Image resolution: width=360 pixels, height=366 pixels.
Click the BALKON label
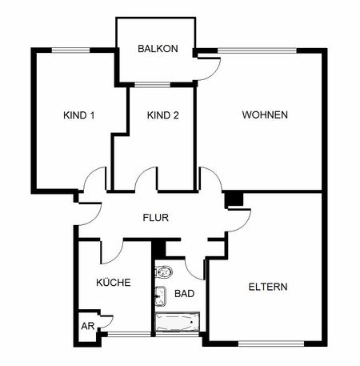click(158, 49)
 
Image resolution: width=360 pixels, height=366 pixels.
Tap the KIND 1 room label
click(79, 115)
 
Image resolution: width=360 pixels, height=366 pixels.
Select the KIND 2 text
click(162, 115)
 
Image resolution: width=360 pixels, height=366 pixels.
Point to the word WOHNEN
click(265, 115)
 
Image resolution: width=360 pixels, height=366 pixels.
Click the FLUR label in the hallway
click(155, 217)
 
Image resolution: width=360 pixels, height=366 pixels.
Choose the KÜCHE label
click(113, 283)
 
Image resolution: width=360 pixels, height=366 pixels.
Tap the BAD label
click(184, 294)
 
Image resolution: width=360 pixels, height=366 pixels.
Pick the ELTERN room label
click(268, 286)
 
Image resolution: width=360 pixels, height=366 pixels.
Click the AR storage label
click(86, 327)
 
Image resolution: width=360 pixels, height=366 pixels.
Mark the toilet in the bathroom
click(163, 271)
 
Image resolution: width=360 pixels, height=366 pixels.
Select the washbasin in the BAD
click(160, 294)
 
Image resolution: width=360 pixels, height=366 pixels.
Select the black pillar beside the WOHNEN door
click(233, 199)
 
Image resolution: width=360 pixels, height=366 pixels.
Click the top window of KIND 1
click(71, 50)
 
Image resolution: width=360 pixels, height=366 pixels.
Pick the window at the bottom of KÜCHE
click(128, 332)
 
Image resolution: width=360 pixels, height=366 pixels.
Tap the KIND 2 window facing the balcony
click(152, 84)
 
